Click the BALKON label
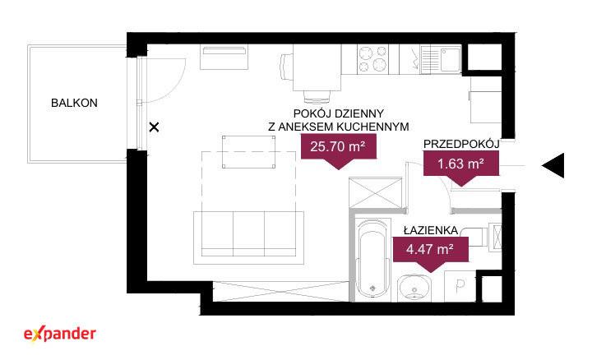tap(74, 103)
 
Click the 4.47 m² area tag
tap(431, 251)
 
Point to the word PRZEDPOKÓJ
tap(461, 144)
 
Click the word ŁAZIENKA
tap(431, 231)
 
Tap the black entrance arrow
tap(553, 165)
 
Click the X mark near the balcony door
tap(155, 127)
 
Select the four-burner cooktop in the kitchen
tap(372, 58)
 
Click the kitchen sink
tap(441, 59)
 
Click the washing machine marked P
tap(460, 286)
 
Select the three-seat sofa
tap(248, 238)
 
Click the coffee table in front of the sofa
tap(248, 152)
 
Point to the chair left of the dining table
tap(286, 66)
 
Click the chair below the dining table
tap(317, 97)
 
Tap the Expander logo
tap(60, 335)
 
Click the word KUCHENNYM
tap(373, 127)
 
